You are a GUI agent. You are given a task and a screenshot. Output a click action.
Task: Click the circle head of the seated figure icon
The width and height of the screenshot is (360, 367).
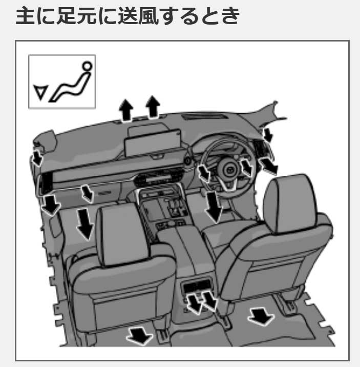point(87,66)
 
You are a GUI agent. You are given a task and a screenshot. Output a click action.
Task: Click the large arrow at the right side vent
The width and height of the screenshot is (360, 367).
point(268,165)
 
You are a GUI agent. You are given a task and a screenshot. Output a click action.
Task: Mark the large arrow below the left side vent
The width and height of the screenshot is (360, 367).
point(50,203)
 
